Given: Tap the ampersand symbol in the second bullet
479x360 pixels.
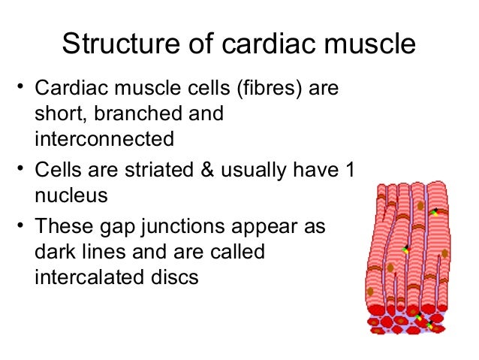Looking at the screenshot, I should click(x=205, y=172).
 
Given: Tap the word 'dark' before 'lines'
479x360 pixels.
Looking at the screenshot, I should click(x=61, y=252).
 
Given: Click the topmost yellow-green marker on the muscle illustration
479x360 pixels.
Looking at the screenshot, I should click(x=435, y=213).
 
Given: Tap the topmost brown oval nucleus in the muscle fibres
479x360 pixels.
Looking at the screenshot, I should click(x=421, y=205).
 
